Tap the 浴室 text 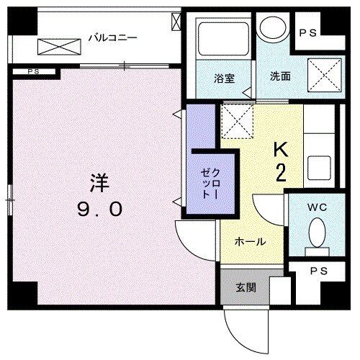[222, 77]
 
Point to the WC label [318, 207]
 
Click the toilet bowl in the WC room [317, 232]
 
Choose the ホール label [250, 242]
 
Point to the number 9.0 [100, 210]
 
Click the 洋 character [99, 184]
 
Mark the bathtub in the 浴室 [221, 43]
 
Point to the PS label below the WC [316, 272]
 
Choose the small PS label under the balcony [33, 71]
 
